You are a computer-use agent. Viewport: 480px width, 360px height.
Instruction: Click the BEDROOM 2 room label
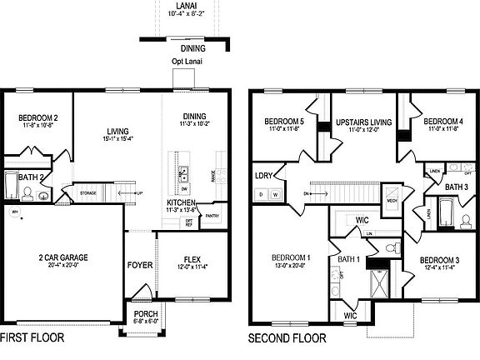[x=37, y=118]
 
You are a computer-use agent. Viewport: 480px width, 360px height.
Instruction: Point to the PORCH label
[x=145, y=313]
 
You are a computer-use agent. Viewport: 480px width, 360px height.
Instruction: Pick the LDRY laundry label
[x=263, y=176]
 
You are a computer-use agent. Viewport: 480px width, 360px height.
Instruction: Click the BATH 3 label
[x=456, y=187]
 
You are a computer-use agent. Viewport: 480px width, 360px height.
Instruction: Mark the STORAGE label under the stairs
[x=88, y=192]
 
